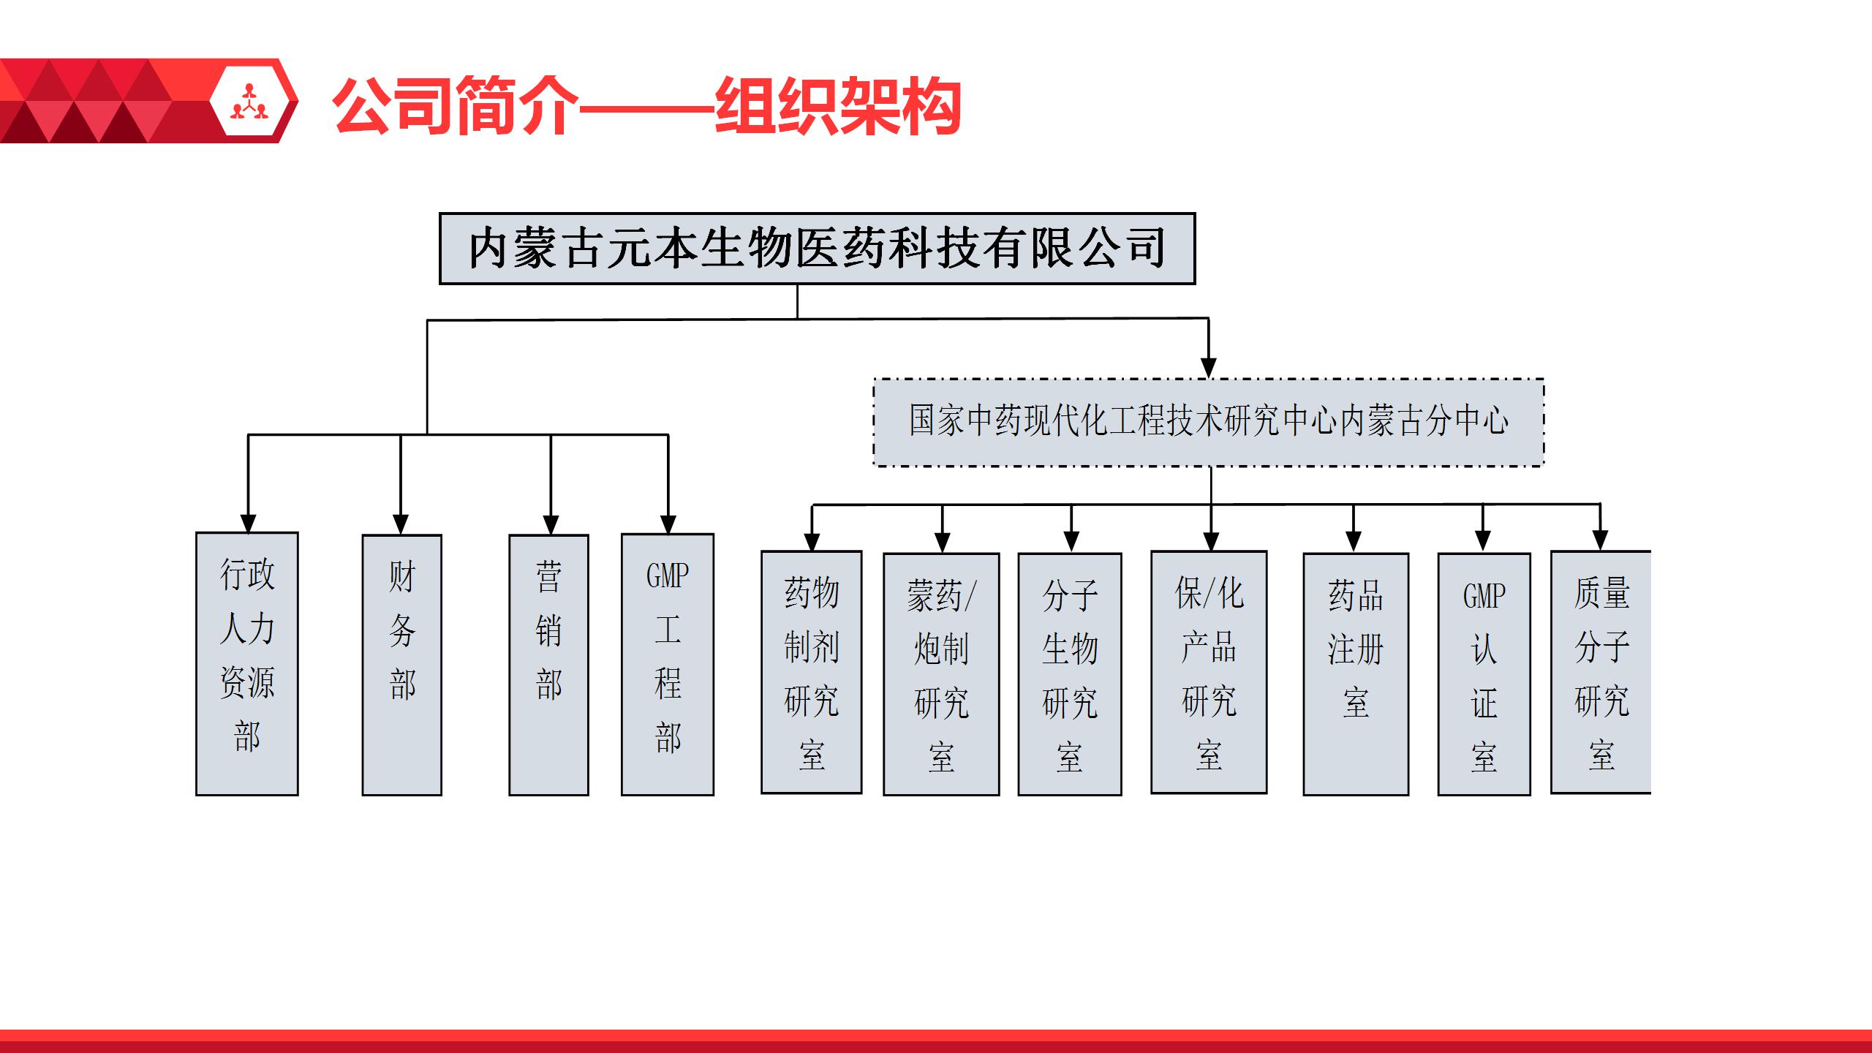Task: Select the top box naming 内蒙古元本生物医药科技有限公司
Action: pos(817,249)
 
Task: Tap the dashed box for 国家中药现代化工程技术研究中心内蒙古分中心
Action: pos(1208,422)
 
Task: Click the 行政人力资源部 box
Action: pos(247,663)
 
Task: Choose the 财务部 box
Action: pos(401,665)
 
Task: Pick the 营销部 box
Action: pos(548,665)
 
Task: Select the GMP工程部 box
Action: pos(667,664)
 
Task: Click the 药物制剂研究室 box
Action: pos(811,672)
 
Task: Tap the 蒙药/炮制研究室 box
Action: pos(941,673)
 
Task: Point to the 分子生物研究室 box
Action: pos(1069,673)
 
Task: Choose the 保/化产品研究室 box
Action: pos(1209,672)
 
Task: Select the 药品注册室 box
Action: pos(1355,673)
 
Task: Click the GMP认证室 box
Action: pos(1484,673)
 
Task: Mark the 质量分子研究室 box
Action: pos(1601,672)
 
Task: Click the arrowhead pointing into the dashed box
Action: pos(1209,368)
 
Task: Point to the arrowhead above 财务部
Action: pos(401,524)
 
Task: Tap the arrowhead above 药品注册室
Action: pos(1354,542)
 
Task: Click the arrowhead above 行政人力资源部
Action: pos(248,523)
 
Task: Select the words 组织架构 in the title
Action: pos(837,107)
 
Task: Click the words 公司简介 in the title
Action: pos(455,107)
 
